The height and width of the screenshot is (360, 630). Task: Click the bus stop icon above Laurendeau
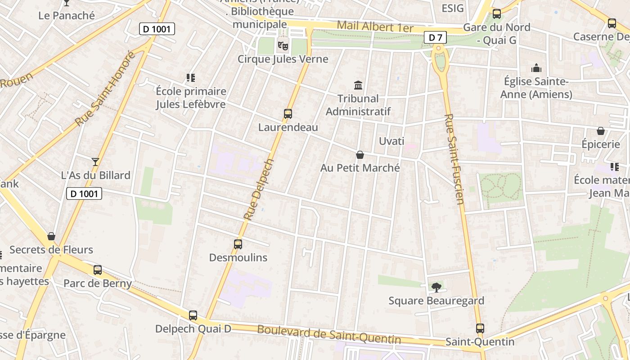[x=288, y=114]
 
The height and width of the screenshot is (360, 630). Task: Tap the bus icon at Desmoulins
[x=238, y=244]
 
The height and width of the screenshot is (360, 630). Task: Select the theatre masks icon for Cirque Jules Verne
[x=283, y=45]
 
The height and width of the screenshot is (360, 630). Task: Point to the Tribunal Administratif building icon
[x=358, y=85]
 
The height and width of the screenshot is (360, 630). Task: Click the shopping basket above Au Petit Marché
[x=360, y=155]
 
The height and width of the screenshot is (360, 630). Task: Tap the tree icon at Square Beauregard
[x=436, y=287]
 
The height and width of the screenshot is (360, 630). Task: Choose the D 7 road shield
[x=435, y=38]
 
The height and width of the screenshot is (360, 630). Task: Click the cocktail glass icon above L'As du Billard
[x=95, y=162]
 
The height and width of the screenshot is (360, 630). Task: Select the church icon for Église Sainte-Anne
[x=536, y=68]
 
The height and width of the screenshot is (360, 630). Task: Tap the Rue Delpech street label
[x=259, y=189]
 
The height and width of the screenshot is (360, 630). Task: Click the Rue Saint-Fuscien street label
[x=454, y=158]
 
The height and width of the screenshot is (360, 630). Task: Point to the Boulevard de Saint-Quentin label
[x=328, y=335]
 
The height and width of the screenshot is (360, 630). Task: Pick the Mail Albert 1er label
[x=375, y=27]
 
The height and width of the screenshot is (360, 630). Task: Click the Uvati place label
[x=391, y=141]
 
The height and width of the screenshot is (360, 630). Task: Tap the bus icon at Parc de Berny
[x=98, y=270]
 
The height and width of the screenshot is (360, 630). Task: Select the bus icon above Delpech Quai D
[x=193, y=315]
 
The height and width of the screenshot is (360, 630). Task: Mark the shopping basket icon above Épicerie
[x=600, y=131]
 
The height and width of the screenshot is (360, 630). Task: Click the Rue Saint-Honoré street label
[x=104, y=89]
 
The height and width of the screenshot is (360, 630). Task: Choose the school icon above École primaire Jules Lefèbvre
[x=191, y=78]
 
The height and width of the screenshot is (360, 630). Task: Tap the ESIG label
[x=452, y=9]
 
